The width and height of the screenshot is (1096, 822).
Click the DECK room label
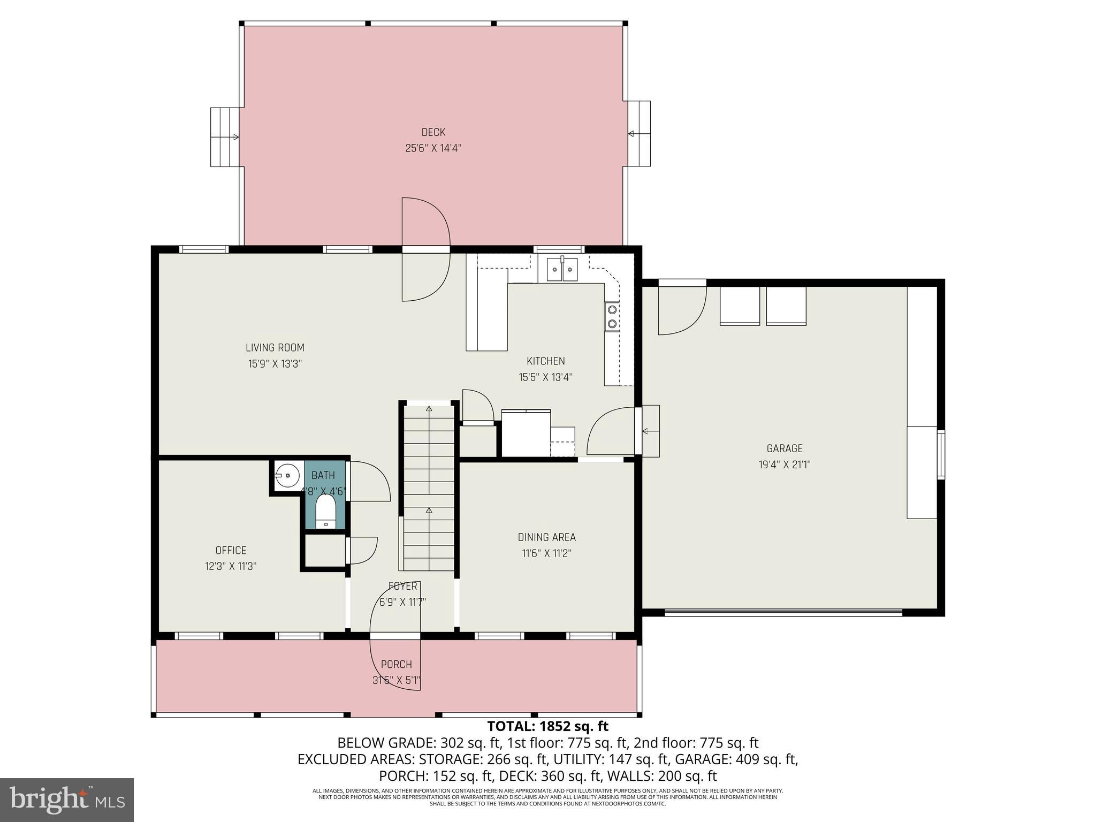click(x=433, y=132)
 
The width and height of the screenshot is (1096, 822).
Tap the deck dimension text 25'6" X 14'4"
click(x=433, y=148)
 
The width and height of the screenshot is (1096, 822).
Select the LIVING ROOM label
click(x=275, y=348)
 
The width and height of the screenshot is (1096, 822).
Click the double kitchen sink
click(x=562, y=269)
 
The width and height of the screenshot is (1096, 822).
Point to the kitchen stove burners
click(x=612, y=316)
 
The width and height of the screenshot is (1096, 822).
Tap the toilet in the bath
click(x=325, y=511)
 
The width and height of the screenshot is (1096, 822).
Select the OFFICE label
click(x=231, y=550)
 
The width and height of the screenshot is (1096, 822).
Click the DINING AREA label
click(x=546, y=537)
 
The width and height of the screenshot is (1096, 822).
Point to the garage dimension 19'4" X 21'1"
click(x=785, y=465)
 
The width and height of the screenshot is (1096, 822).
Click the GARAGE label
click(x=785, y=448)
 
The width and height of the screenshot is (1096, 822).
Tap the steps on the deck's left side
click(x=224, y=137)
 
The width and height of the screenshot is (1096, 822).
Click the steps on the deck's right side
click(x=639, y=134)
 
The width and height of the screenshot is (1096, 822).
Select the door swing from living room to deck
click(x=425, y=249)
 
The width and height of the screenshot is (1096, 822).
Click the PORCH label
click(x=396, y=665)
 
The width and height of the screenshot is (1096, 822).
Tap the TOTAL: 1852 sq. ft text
click(x=547, y=726)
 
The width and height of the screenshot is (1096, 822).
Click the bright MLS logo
click(x=67, y=800)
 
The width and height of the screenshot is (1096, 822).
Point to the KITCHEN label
click(x=545, y=361)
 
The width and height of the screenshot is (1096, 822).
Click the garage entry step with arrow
click(x=650, y=431)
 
